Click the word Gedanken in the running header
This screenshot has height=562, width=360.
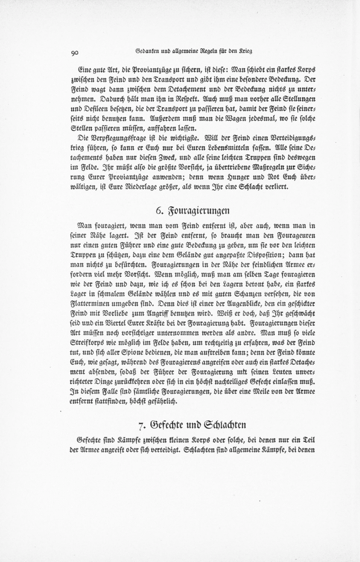[x=147, y=51]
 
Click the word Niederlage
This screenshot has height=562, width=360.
[x=143, y=186]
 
